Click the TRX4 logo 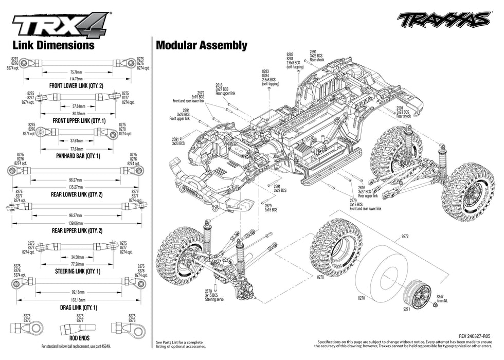pyautogui.click(x=61, y=24)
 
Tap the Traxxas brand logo pyautogui.click(x=443, y=19)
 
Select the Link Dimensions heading pyautogui.click(x=53, y=45)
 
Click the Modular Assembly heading pyautogui.click(x=201, y=45)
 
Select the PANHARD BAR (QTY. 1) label pyautogui.click(x=78, y=155)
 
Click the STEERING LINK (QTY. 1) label pyautogui.click(x=78, y=271)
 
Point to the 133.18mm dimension pyautogui.click(x=78, y=299)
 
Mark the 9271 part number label pyautogui.click(x=407, y=309)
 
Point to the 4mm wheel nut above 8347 pyautogui.click(x=436, y=305)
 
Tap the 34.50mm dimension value pyautogui.click(x=78, y=256)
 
